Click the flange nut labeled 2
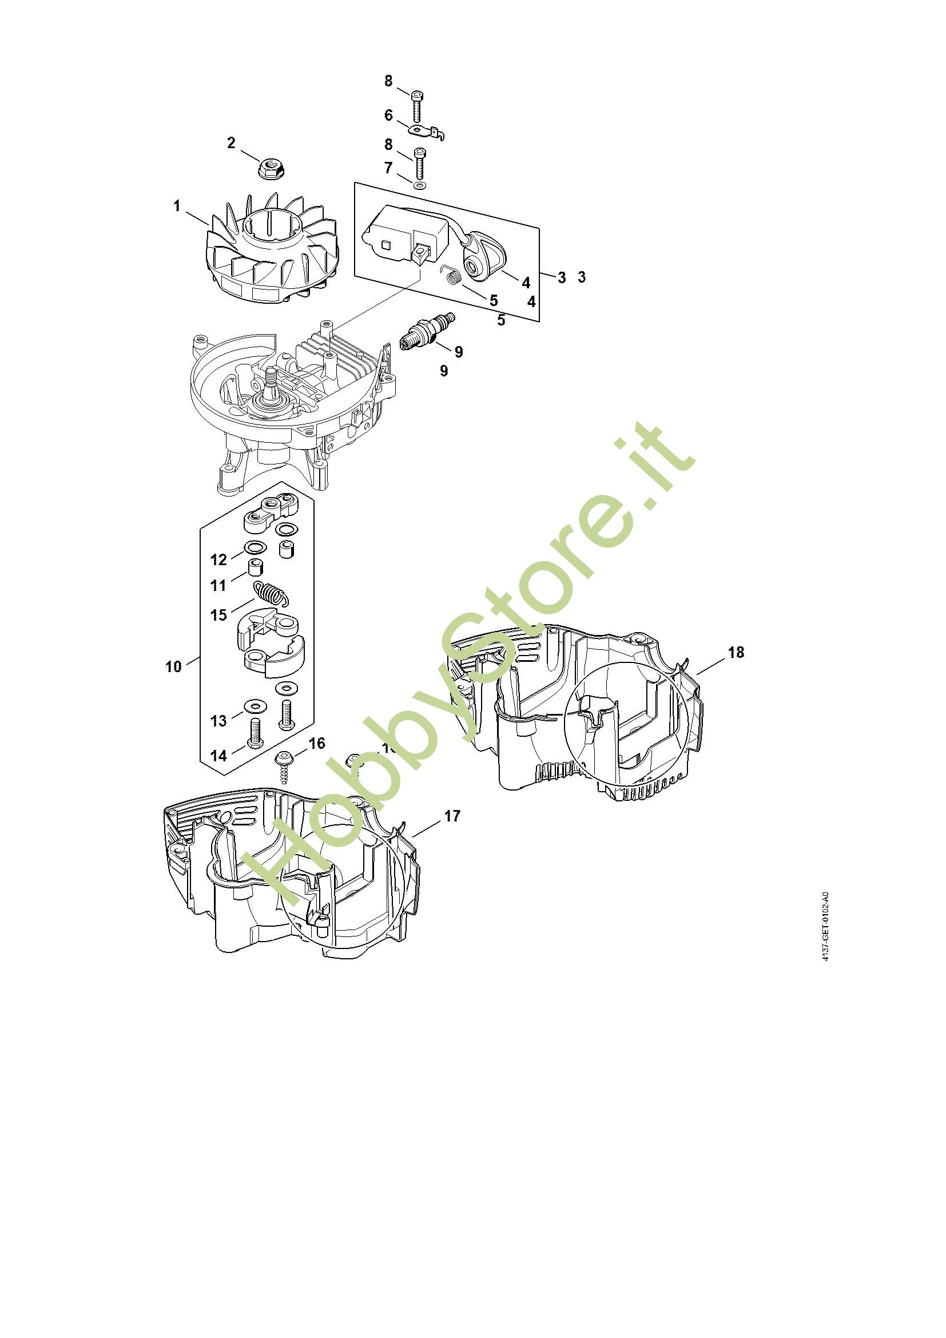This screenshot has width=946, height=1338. tap(270, 168)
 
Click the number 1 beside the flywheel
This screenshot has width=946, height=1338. tap(177, 207)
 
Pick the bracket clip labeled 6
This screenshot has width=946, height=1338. tap(428, 132)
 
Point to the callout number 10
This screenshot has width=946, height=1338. tap(174, 666)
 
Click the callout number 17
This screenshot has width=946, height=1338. tap(452, 816)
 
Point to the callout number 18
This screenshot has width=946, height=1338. tap(736, 652)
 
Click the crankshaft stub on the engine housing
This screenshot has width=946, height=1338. tap(271, 382)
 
